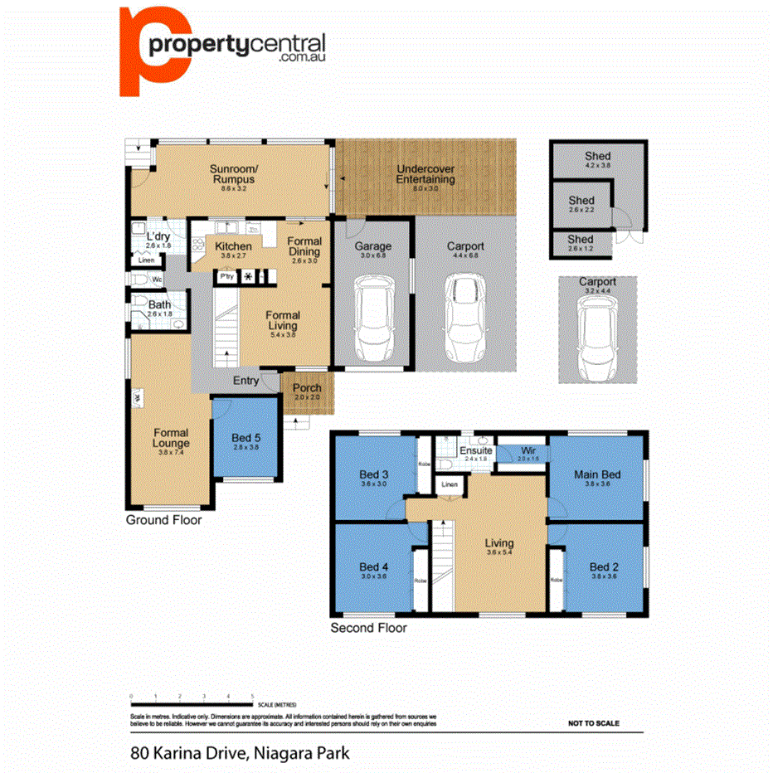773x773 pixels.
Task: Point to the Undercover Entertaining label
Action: tap(425, 173)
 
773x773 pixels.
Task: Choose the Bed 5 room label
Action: tap(246, 438)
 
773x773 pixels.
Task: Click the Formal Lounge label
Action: tap(171, 438)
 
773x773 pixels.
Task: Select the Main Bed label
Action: tap(597, 475)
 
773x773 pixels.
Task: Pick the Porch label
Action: tap(307, 388)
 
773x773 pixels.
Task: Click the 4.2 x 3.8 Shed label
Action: tap(597, 156)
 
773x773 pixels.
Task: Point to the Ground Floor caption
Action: tap(163, 521)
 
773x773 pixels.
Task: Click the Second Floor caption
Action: tap(368, 628)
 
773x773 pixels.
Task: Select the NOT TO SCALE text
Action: tap(593, 723)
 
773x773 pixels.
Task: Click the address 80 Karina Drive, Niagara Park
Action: tap(240, 754)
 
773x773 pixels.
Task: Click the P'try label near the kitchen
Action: tap(227, 276)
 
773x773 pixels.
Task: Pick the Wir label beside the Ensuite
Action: tap(527, 450)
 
